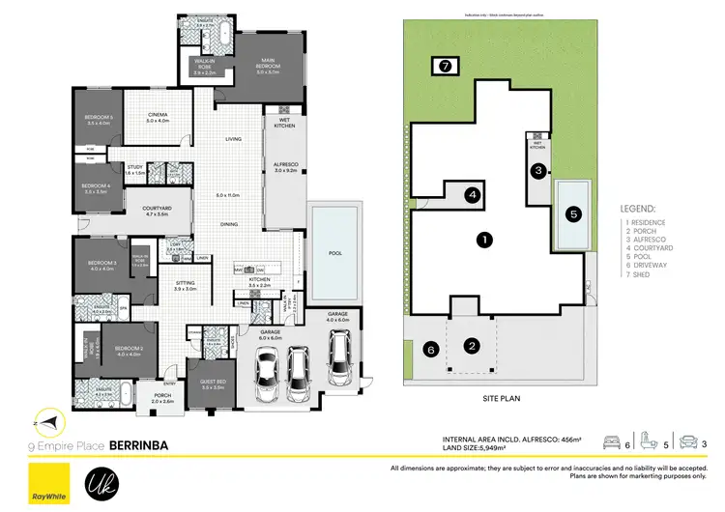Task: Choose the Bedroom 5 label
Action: pyautogui.click(x=99, y=121)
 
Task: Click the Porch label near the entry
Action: pyautogui.click(x=158, y=397)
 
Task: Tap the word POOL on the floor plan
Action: pyautogui.click(x=334, y=253)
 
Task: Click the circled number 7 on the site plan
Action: pyautogui.click(x=445, y=67)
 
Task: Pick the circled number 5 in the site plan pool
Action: pyautogui.click(x=573, y=214)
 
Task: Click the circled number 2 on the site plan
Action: pyautogui.click(x=472, y=346)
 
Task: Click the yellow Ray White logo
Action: pyautogui.click(x=43, y=481)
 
